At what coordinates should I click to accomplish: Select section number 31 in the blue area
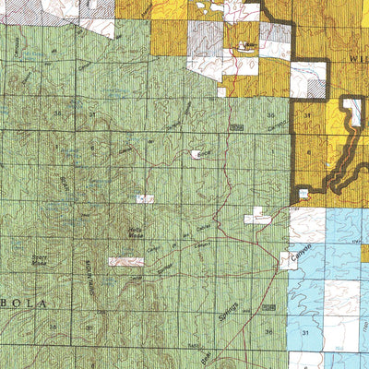pos(304,330)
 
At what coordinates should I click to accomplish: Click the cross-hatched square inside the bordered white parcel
pos(315,89)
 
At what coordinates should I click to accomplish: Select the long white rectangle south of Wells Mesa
pos(125,262)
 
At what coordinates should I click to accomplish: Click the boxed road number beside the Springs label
pos(268,304)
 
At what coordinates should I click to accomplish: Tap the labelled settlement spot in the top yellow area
pos(246,44)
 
